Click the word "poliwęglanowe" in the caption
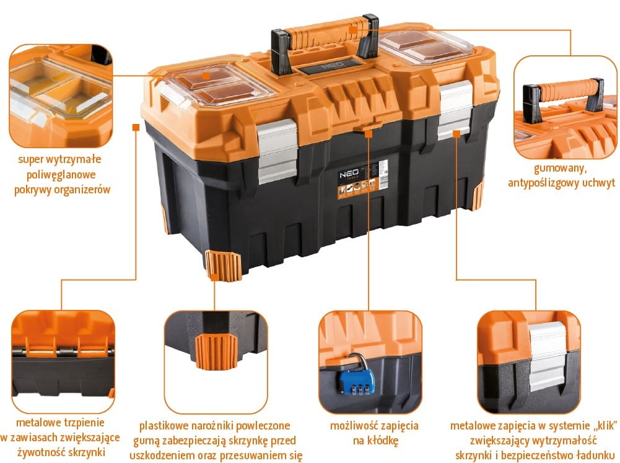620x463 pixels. [x=61, y=175]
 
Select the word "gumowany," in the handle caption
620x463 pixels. [x=560, y=168]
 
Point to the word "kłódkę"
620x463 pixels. [x=375, y=440]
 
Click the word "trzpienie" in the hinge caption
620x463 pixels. [x=82, y=423]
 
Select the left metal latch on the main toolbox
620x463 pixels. [x=277, y=151]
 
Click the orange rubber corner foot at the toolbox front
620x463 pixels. [x=223, y=265]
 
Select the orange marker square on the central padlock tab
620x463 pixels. [x=369, y=134]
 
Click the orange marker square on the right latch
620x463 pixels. [x=456, y=134]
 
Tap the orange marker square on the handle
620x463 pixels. [x=353, y=29]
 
